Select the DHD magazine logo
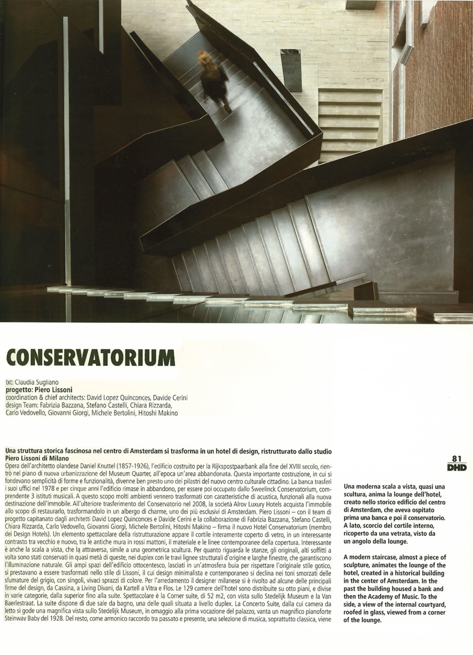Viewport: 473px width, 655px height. (x=457, y=467)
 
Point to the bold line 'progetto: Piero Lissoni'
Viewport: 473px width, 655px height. (x=39, y=389)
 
